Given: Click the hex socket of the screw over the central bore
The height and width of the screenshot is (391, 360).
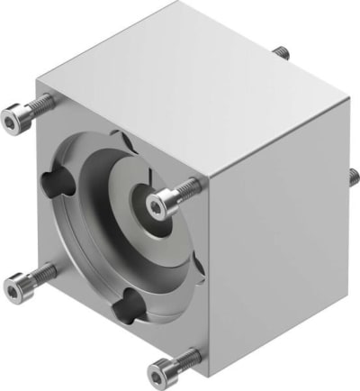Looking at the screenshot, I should click(x=160, y=208).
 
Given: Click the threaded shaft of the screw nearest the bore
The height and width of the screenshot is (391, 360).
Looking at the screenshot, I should click(x=184, y=191).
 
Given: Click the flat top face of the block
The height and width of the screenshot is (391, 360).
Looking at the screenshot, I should click(x=189, y=81).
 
